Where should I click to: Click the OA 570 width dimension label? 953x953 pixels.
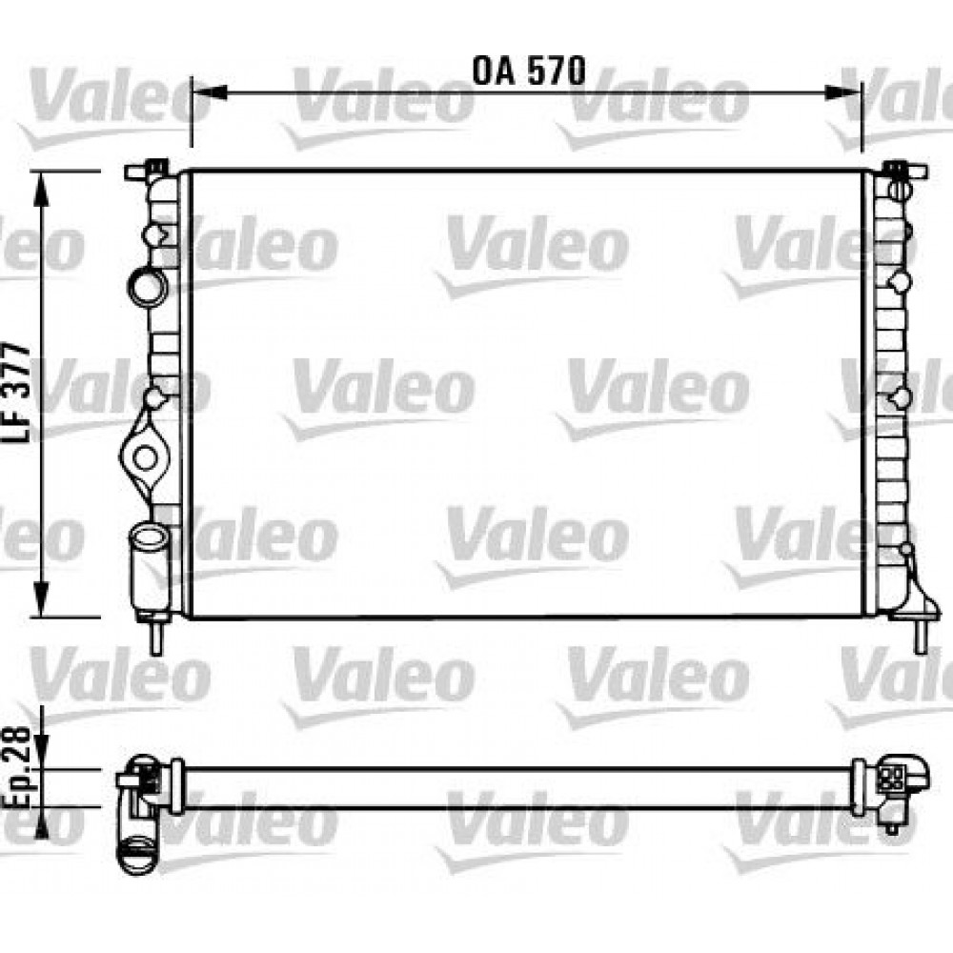coord(528,70)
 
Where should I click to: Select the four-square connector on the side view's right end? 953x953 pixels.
coord(894,776)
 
